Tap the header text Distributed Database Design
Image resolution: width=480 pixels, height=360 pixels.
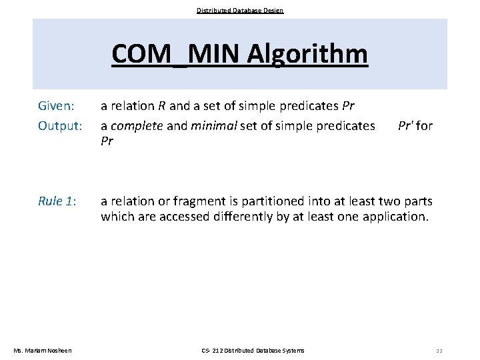tap(240, 10)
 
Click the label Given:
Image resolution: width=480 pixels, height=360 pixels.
tap(58, 106)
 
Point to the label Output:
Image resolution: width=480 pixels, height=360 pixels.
tap(60, 125)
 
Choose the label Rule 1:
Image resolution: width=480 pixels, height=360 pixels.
tap(57, 201)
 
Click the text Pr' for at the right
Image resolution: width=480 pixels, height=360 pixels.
tap(415, 125)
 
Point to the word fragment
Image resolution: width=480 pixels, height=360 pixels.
tap(191, 201)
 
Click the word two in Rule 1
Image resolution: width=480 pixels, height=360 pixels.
tap(392, 201)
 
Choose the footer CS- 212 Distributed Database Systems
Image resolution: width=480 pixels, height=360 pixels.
tap(253, 351)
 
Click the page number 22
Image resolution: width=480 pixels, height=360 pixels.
tap(439, 351)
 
